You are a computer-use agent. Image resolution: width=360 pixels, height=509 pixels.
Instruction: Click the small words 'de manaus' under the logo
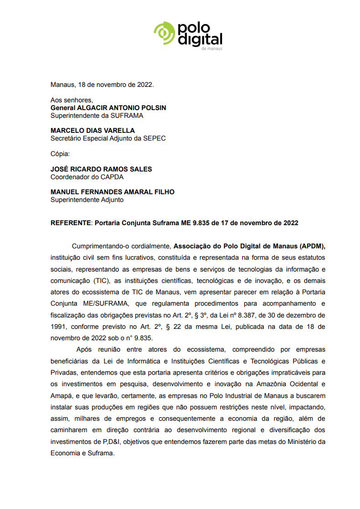[x=212, y=48]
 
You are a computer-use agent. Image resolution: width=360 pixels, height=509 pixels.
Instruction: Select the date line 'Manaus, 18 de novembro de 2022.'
[x=102, y=85]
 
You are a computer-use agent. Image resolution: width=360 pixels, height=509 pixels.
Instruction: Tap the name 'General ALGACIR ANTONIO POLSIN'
[x=108, y=108]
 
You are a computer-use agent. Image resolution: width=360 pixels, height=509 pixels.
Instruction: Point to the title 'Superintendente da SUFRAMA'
[x=96, y=116]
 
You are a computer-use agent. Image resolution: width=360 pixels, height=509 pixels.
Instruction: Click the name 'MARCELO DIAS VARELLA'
[x=92, y=131]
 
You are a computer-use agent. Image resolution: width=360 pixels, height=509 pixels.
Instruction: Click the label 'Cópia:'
[x=60, y=154]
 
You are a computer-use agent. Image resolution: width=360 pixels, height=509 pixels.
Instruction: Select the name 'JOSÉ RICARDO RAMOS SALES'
[x=101, y=169]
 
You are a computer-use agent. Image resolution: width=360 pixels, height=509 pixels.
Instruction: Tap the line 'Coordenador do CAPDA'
[x=87, y=177]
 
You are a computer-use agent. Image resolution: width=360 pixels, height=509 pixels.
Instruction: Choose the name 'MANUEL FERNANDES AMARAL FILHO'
[x=112, y=192]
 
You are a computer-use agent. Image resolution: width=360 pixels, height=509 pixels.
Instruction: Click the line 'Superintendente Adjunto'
[x=86, y=200]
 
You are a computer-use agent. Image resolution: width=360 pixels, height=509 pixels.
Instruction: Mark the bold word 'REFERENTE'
[x=71, y=223]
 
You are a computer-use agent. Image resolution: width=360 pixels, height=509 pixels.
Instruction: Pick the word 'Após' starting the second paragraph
[x=84, y=349]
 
